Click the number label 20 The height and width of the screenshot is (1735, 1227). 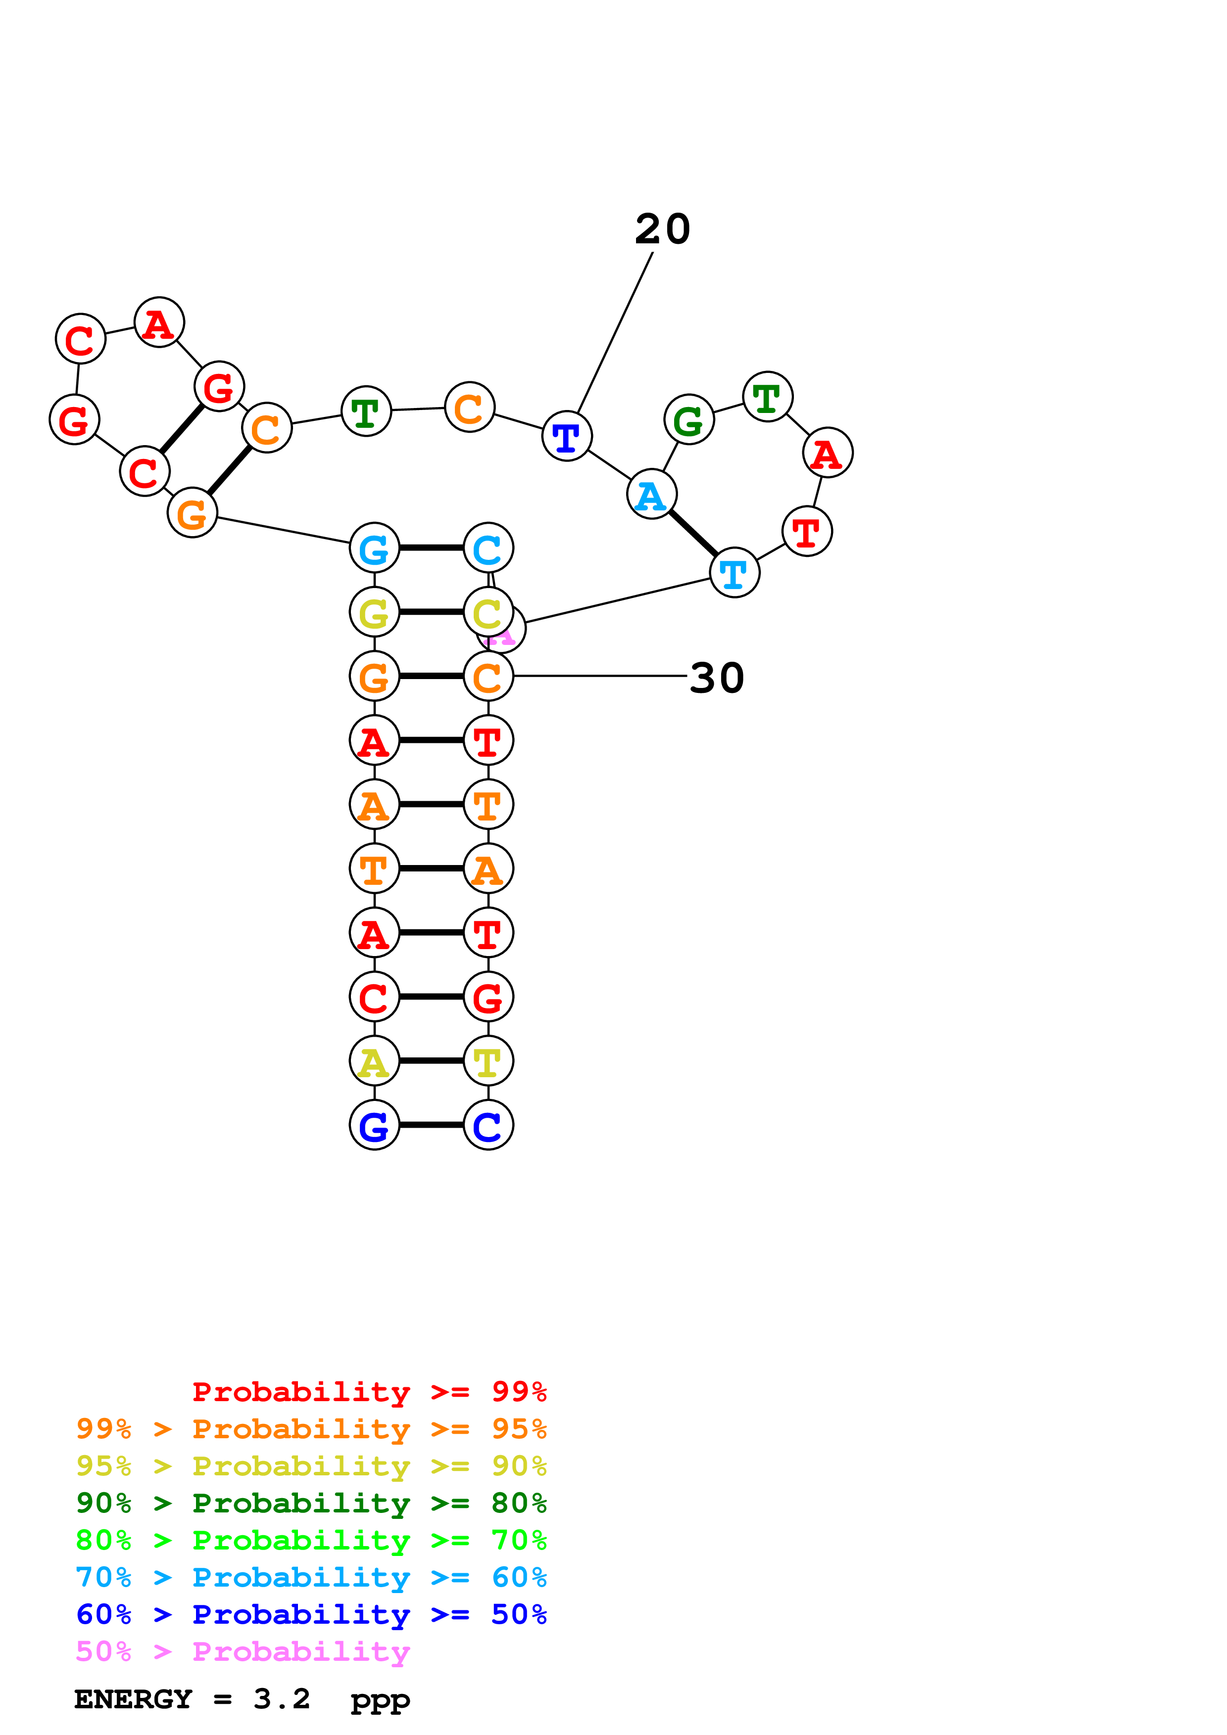pyautogui.click(x=662, y=229)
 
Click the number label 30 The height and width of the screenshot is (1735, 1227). pyautogui.click(x=717, y=678)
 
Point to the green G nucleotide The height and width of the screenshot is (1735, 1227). pyautogui.click(x=688, y=419)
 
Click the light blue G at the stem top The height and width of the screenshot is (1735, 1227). pyautogui.click(x=374, y=548)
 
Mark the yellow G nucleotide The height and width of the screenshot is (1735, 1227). pyautogui.click(x=374, y=612)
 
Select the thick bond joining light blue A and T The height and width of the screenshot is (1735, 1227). pyautogui.click(x=692, y=534)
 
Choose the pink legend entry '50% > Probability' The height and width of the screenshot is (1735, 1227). pyautogui.click(x=243, y=1652)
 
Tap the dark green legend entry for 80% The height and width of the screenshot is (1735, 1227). pyautogui.click(x=311, y=1503)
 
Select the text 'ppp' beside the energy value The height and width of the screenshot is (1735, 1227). pyautogui.click(x=380, y=1701)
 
